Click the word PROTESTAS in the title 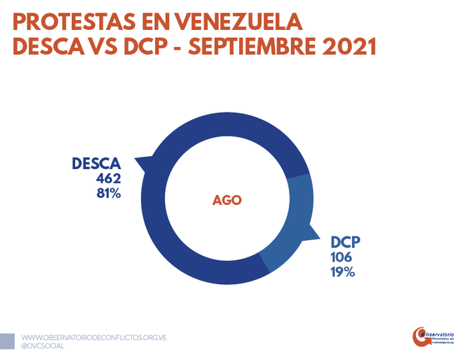point(66,22)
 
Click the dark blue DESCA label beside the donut point(97,164)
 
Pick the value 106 point(341,258)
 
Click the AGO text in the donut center point(227,200)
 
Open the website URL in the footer point(93,338)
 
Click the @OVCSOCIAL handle point(43,347)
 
